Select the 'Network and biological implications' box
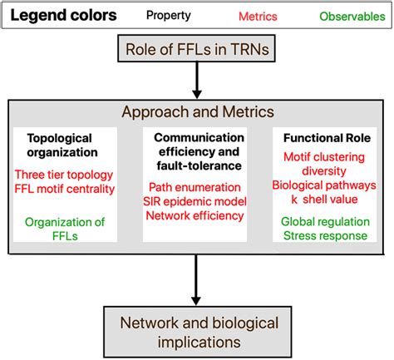point(197,332)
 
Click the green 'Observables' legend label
point(347,16)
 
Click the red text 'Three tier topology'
point(70,175)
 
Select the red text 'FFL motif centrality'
point(70,189)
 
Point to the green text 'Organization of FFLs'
point(70,229)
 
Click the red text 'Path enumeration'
point(196,187)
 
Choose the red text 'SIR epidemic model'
point(196,201)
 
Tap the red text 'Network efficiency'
point(196,215)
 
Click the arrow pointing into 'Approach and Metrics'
point(197,84)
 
